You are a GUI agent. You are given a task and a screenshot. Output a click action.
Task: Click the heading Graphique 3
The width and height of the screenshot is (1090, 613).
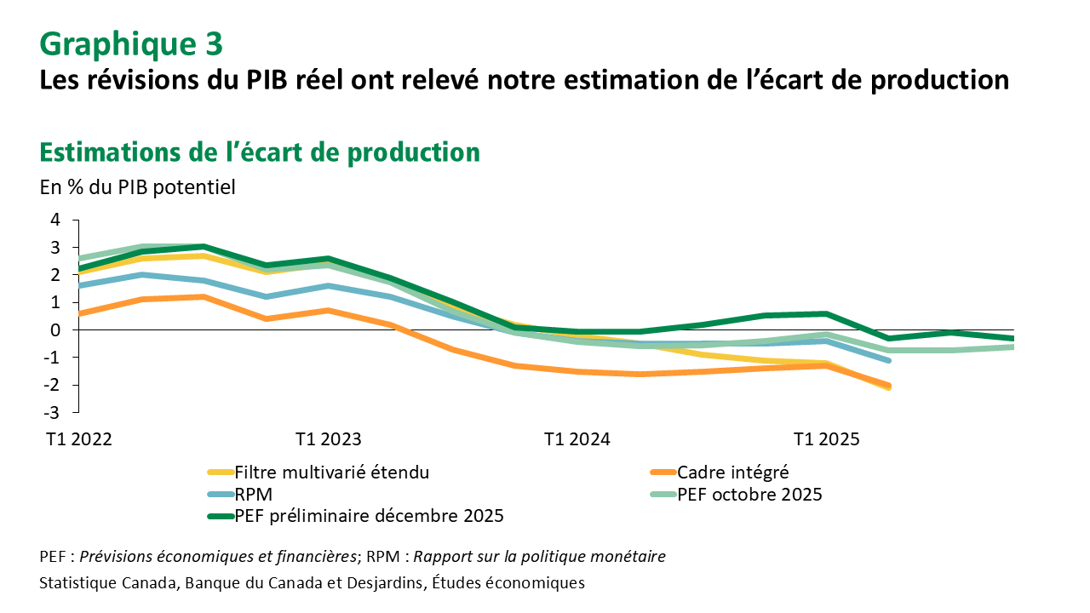(131, 42)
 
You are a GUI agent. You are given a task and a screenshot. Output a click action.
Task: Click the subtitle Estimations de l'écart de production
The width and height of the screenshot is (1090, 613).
(260, 152)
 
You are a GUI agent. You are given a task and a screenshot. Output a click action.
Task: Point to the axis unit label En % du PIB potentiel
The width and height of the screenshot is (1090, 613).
(137, 187)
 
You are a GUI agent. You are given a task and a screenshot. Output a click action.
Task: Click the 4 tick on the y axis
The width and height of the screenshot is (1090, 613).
(55, 220)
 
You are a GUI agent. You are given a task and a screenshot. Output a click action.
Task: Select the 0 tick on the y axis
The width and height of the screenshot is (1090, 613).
(55, 329)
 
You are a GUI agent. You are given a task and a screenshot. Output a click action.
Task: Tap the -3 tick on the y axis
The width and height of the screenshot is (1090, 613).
(52, 412)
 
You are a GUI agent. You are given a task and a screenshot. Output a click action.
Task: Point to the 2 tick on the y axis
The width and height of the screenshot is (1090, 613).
(55, 275)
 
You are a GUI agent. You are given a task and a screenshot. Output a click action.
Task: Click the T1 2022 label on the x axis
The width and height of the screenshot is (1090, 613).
(78, 439)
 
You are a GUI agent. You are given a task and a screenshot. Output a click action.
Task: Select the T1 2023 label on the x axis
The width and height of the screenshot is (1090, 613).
(328, 439)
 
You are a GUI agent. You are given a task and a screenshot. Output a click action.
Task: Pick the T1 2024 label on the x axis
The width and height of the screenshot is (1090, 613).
(577, 439)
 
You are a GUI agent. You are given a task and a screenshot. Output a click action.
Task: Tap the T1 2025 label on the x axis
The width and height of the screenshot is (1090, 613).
(827, 439)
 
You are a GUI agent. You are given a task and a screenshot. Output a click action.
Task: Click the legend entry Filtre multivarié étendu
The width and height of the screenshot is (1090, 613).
(331, 472)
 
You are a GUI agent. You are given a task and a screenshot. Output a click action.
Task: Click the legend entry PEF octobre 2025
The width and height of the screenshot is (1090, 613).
(749, 494)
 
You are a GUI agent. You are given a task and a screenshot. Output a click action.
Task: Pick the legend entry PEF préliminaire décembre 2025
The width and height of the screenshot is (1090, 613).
(369, 516)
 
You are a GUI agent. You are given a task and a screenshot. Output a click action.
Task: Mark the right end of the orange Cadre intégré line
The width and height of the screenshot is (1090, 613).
(889, 386)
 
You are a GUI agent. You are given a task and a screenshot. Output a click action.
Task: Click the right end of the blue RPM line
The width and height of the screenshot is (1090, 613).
(889, 360)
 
